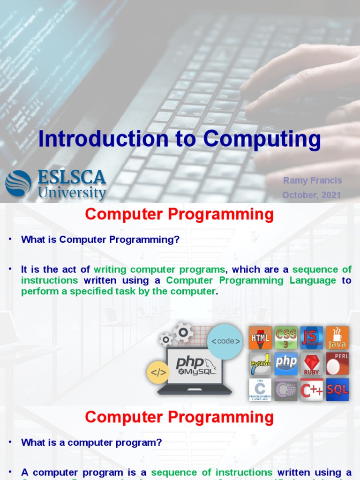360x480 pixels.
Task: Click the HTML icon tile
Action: pyautogui.click(x=260, y=338)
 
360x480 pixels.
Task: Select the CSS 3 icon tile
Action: pyautogui.click(x=286, y=338)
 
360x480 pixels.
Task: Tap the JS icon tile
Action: pyautogui.click(x=312, y=338)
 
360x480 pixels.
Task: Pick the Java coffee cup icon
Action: pyautogui.click(x=337, y=338)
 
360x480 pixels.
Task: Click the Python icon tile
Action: pyautogui.click(x=260, y=364)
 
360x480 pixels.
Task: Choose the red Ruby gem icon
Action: pyautogui.click(x=312, y=364)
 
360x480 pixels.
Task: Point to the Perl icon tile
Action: pyautogui.click(x=337, y=364)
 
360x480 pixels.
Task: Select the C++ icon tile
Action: pyautogui.click(x=312, y=390)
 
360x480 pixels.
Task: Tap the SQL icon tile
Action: pyautogui.click(x=337, y=390)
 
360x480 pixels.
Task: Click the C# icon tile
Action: pyautogui.click(x=286, y=390)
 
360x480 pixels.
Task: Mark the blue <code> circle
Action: pyautogui.click(x=225, y=341)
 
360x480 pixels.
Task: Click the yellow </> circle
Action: pyautogui.click(x=158, y=373)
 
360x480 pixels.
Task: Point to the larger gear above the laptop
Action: pyautogui.click(x=183, y=332)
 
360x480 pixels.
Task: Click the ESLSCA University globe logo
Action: pyautogui.click(x=18, y=183)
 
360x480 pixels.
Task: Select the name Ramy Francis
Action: pyautogui.click(x=313, y=180)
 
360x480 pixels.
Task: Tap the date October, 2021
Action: pyautogui.click(x=312, y=195)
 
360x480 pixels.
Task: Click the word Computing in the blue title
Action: pyautogui.click(x=262, y=139)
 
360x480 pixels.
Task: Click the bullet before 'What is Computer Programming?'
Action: pyautogui.click(x=9, y=240)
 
